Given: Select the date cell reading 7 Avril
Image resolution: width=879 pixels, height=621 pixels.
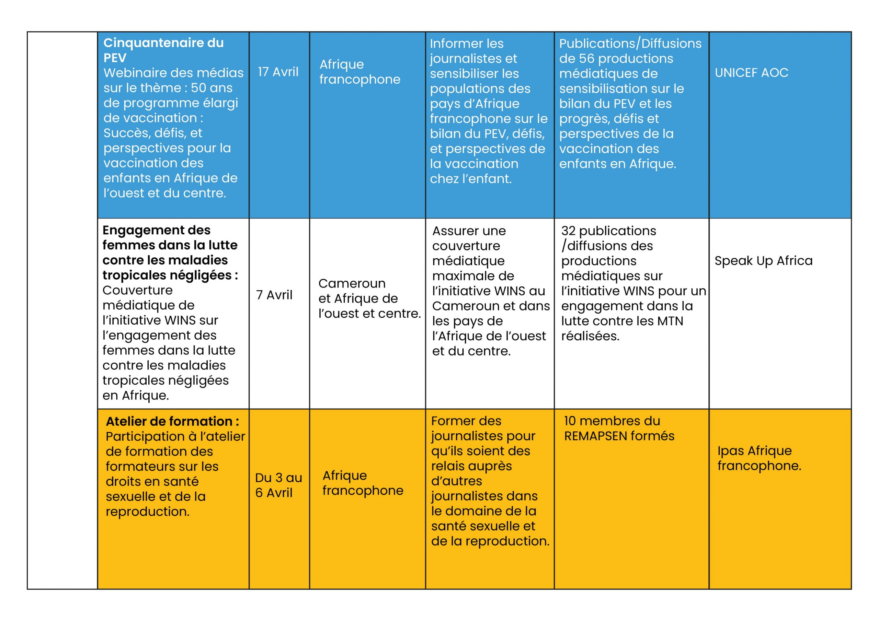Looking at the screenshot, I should [x=274, y=295].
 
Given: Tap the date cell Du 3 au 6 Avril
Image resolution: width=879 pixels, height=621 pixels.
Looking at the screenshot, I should [x=278, y=485].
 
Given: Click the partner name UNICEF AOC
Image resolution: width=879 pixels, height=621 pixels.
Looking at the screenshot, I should [x=752, y=73].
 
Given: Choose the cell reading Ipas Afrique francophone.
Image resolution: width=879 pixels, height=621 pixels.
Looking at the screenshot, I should [x=759, y=458].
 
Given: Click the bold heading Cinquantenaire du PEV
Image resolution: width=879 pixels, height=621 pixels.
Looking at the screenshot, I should [x=163, y=50].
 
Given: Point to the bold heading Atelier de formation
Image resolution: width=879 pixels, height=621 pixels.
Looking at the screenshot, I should [x=172, y=421].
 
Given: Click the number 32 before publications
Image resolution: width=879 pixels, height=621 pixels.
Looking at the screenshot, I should [x=568, y=231].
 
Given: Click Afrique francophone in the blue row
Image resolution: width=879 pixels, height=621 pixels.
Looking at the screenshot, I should [x=359, y=72].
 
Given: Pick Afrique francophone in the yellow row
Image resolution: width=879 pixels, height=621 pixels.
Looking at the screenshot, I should [x=363, y=483].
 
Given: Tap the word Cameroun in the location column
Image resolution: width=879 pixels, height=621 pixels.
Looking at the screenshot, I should [x=352, y=283].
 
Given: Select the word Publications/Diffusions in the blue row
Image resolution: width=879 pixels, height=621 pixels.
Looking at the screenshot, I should [x=630, y=44].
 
